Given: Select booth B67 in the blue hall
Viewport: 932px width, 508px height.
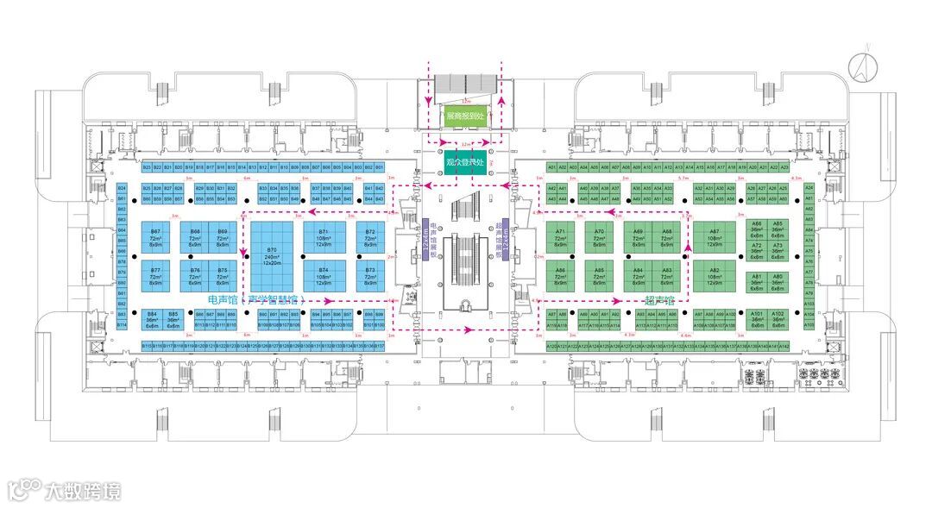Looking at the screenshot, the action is [155, 238].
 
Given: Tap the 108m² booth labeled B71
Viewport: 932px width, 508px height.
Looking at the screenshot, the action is [324, 238].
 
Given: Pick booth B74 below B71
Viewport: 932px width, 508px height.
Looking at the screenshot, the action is [324, 275].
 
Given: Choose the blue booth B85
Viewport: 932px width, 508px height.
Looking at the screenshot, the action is [173, 320].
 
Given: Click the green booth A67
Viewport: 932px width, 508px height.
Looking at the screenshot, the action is [714, 238].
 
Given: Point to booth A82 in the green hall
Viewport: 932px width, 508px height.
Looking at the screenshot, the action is [714, 275].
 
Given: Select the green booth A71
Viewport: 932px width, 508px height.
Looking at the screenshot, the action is [560, 238].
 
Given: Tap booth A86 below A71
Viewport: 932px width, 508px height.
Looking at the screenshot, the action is [560, 275].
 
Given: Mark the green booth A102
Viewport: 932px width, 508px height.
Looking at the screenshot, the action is [778, 319].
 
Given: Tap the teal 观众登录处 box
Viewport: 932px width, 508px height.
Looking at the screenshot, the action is [467, 161].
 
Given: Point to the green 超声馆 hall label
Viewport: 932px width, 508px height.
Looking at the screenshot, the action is [658, 300].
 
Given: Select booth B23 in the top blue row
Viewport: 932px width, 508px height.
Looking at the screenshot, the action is [147, 166].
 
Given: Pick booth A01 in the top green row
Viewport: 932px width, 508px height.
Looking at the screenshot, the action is [551, 166].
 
